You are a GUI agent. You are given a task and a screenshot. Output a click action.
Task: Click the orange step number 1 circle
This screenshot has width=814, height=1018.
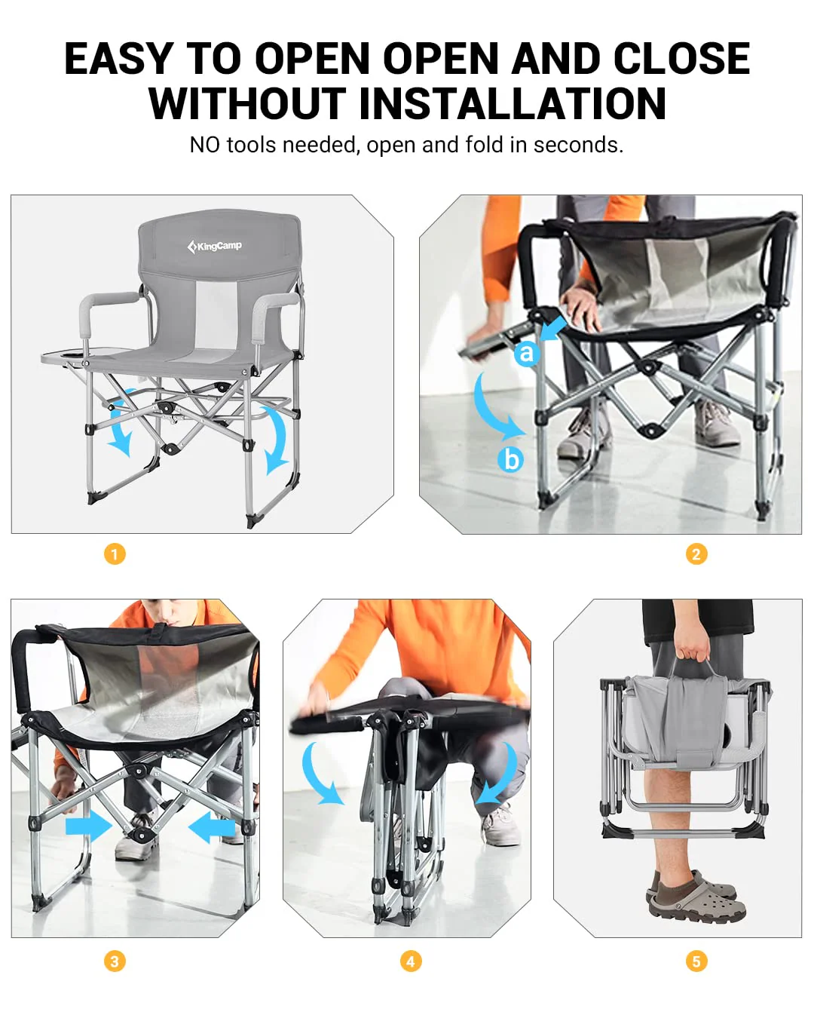[115, 554]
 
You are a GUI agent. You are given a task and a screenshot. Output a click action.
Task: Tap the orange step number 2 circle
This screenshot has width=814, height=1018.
[696, 554]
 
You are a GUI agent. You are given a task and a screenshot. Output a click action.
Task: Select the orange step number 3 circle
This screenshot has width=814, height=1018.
[115, 961]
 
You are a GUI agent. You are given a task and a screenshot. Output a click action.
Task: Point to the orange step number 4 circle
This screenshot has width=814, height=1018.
[411, 961]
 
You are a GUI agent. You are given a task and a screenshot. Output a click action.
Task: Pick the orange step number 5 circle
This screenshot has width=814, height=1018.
[696, 961]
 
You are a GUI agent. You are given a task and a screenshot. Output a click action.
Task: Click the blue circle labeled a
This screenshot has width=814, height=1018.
[526, 352]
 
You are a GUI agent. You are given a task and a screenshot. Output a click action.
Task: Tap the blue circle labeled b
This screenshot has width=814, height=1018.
[511, 459]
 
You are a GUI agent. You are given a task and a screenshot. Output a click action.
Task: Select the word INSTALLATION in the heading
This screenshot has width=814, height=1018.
[513, 103]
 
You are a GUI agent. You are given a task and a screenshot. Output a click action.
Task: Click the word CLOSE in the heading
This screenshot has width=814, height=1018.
[681, 59]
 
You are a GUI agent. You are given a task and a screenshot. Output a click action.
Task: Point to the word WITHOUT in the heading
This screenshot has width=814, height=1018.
[247, 103]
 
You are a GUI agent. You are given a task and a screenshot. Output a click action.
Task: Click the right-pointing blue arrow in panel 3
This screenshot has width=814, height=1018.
[88, 826]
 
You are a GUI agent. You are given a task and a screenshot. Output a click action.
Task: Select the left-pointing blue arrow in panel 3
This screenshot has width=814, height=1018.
[212, 827]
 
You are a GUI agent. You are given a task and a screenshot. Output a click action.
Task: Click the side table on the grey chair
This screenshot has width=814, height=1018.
[66, 357]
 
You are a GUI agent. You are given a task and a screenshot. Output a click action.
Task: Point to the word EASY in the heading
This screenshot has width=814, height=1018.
[118, 59]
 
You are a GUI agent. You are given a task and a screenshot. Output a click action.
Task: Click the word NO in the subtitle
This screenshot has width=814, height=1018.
[205, 145]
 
